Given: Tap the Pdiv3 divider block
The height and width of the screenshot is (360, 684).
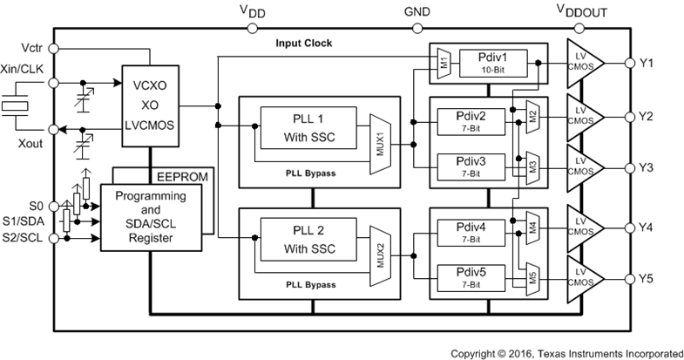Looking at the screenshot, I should pos(471,165).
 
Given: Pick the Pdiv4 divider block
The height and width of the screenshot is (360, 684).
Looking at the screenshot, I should pos(471,231).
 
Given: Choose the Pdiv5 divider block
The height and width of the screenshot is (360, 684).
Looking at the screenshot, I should pos(471,276).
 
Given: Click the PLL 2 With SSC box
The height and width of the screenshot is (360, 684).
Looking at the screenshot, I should pos(307,241).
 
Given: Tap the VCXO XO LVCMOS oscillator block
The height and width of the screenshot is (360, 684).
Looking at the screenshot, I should pos(152,103).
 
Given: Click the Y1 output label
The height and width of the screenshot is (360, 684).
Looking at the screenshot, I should pos(646,63).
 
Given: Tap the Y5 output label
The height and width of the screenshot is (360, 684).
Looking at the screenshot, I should pos(646,279).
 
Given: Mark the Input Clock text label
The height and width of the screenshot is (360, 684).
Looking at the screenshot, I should pos(305,43).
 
